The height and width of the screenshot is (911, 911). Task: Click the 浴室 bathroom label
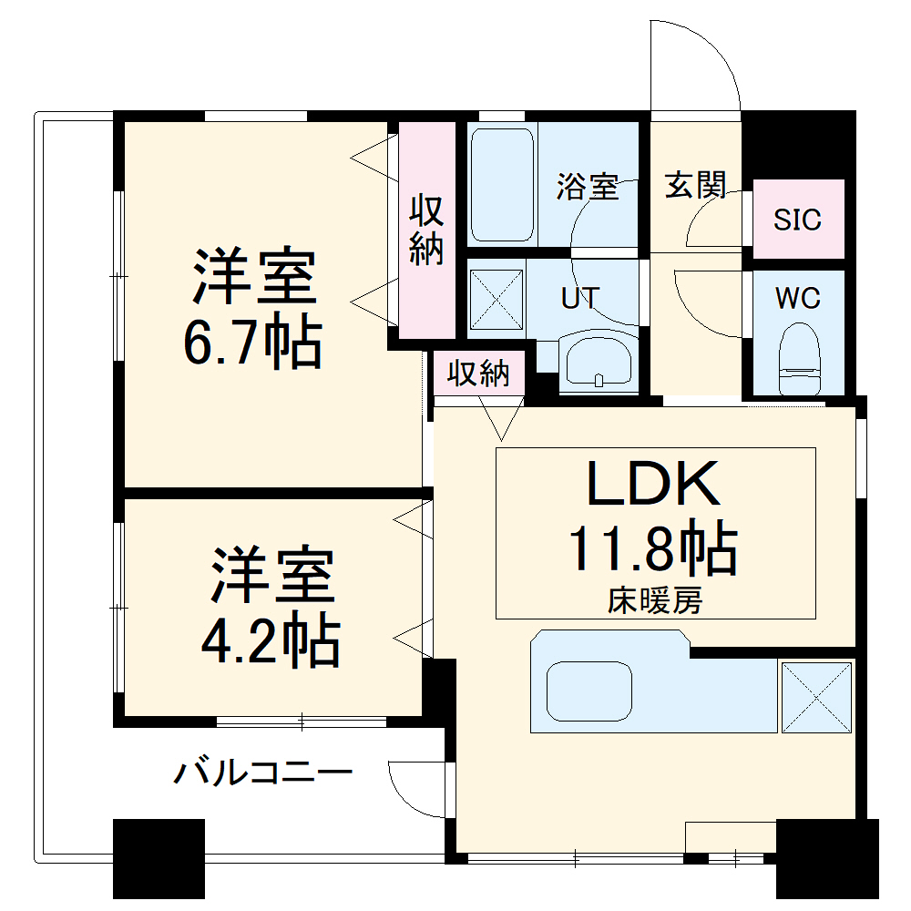(588, 188)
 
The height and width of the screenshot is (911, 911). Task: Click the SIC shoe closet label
(797, 220)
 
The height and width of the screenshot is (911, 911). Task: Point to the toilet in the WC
(801, 360)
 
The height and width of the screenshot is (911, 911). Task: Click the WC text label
(797, 298)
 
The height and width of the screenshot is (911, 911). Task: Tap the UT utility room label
(580, 298)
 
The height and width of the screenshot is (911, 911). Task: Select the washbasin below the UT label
(598, 363)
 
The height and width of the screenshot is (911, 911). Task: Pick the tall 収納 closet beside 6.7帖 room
(425, 231)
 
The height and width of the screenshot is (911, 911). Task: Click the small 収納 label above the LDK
(478, 374)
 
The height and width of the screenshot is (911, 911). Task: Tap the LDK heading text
(652, 483)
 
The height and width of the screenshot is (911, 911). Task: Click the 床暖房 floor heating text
(655, 601)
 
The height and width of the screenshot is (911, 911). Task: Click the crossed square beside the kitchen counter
(816, 697)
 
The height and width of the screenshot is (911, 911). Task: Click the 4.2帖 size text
(271, 641)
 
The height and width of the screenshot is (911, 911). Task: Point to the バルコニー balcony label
(263, 774)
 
